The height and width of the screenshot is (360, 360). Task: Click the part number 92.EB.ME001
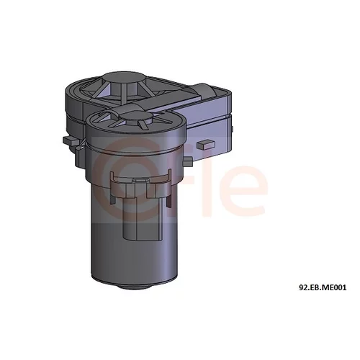pos(323,287)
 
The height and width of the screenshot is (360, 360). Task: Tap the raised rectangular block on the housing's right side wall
pos(206,145)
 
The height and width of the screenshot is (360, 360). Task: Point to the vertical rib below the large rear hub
pos(124,94)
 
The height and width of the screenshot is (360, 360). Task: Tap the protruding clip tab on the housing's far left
pos(70,140)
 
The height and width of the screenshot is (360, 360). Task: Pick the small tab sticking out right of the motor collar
pos(188,161)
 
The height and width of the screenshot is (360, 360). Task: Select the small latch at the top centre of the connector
pos(140,180)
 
